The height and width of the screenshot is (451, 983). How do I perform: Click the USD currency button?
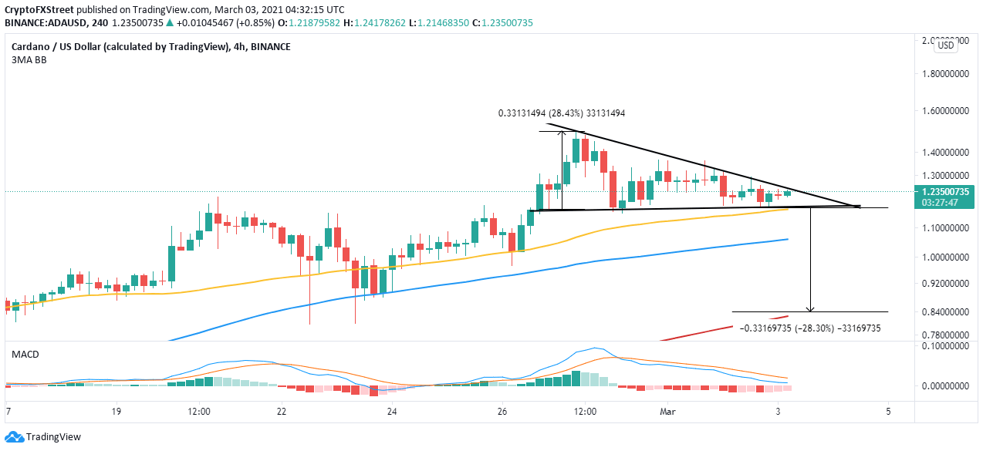point(946,45)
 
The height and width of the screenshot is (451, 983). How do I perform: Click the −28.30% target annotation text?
point(810,328)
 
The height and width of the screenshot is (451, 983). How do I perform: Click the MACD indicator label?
point(25,354)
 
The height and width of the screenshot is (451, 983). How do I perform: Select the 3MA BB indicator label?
point(29,59)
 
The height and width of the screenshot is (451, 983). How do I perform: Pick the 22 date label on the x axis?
point(282,412)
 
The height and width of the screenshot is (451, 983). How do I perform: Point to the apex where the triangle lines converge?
point(859,206)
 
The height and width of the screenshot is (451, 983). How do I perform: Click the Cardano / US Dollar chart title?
point(120,46)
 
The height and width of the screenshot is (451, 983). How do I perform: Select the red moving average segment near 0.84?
point(760,321)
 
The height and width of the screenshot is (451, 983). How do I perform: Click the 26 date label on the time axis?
point(502,412)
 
